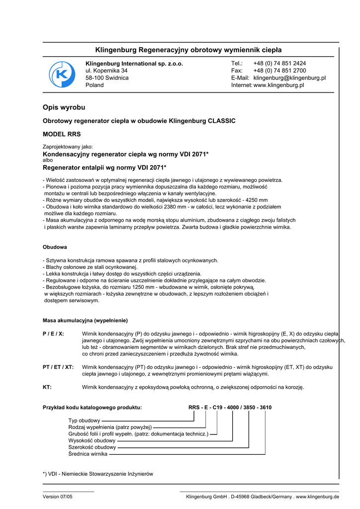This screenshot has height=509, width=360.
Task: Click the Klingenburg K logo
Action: tap(62, 75)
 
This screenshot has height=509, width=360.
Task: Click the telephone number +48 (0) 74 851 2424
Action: tap(279, 64)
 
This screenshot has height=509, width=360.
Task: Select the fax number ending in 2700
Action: tap(279, 71)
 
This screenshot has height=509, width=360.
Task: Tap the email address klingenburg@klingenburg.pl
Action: tap(289, 78)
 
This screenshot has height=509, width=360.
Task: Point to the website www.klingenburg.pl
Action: tap(278, 85)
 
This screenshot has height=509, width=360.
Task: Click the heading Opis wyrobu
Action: tap(64, 107)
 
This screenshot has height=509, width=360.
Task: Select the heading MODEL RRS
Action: tap(62, 134)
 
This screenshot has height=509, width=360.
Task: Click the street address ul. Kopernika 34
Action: tap(106, 71)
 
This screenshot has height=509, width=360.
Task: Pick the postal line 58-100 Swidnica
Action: tap(107, 78)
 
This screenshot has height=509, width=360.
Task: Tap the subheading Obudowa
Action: tap(55, 247)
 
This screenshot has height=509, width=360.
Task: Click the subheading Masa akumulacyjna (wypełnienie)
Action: tap(85, 321)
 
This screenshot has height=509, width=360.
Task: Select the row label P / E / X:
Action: tap(54, 334)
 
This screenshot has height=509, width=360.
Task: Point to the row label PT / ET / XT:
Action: tap(58, 367)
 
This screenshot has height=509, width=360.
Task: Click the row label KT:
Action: tap(47, 387)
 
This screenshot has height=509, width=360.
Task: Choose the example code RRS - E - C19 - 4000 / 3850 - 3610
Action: tap(230, 408)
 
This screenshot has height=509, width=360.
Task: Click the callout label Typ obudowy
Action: tap(84, 421)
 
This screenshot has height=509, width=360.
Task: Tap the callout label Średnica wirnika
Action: tap(88, 454)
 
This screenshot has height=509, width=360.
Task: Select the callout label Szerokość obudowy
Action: tap(91, 447)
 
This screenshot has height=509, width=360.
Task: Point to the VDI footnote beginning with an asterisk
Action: tap(98, 474)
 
